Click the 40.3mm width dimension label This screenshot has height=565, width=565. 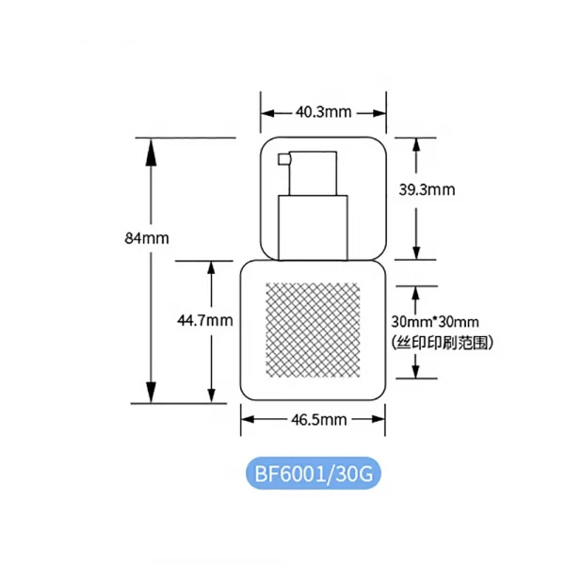pos(323,112)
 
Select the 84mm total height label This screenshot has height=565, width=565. pos(147,238)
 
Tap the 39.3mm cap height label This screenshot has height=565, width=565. pos(427,189)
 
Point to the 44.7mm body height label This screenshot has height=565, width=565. pos(205,320)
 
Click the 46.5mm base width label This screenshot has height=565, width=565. pos(319,419)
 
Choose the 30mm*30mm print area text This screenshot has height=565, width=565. pos(435,322)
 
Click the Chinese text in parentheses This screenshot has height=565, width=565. pos(442,343)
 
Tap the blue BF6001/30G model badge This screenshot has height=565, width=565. pos(314,474)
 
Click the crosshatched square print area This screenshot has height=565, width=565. pos(313,331)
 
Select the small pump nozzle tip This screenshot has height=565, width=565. pos(283,159)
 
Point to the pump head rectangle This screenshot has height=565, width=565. pos(313,173)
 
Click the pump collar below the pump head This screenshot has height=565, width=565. pos(313,228)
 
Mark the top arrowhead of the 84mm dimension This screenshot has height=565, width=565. pos(151,152)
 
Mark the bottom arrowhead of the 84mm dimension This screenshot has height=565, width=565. pos(151,390)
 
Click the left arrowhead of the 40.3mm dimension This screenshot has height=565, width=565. pos(268,113)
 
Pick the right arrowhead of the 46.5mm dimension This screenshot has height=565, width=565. pos(379,419)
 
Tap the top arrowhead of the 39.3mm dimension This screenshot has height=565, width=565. pos(416,144)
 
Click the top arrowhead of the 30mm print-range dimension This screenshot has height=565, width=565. pos(416,293)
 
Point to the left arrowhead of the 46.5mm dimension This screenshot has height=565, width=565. pos(248,419)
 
